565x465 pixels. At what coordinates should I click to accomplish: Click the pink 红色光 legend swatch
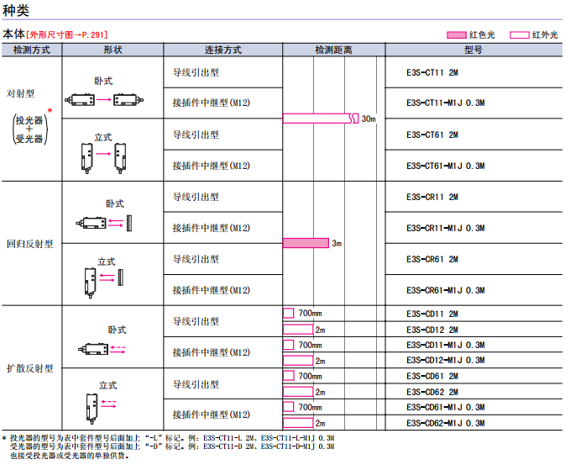456,34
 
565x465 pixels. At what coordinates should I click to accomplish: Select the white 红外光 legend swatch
519,34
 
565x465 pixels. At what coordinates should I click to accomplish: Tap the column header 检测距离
333,50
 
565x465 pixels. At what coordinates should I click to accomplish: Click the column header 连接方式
222,50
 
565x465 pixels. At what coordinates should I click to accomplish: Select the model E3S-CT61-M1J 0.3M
445,166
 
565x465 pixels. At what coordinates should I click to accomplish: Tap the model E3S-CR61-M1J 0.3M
445,290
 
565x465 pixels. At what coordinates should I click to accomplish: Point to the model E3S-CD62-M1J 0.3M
445,422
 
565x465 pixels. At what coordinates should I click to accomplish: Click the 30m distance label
369,119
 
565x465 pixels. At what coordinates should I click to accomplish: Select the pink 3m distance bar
306,243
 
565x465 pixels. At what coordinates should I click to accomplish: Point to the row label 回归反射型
29,244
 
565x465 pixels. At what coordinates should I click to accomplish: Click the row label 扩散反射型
29,368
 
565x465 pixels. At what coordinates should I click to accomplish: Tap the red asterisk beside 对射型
50,111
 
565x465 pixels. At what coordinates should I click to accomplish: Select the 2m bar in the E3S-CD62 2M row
298,391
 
